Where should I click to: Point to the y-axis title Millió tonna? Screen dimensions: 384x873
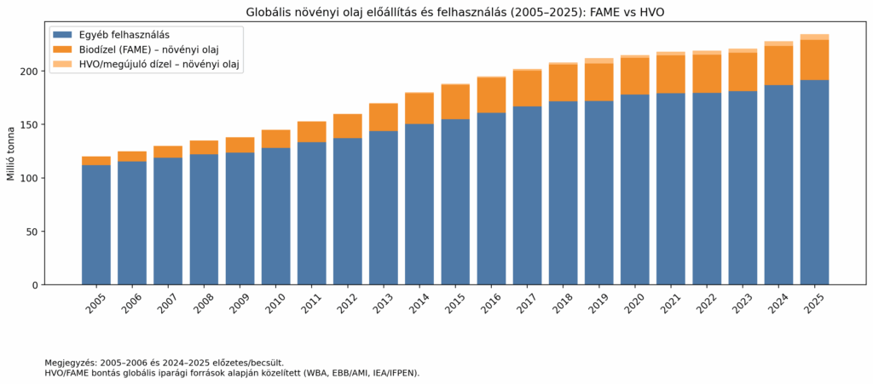(x=11, y=153)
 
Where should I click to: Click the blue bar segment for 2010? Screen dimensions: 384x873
(x=276, y=216)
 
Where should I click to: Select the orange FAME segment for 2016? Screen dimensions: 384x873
(x=492, y=95)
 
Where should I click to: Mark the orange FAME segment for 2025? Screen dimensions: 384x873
(x=815, y=60)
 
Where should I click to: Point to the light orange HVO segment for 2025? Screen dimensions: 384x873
(x=815, y=37)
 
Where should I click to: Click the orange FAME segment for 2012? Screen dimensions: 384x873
(x=348, y=126)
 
